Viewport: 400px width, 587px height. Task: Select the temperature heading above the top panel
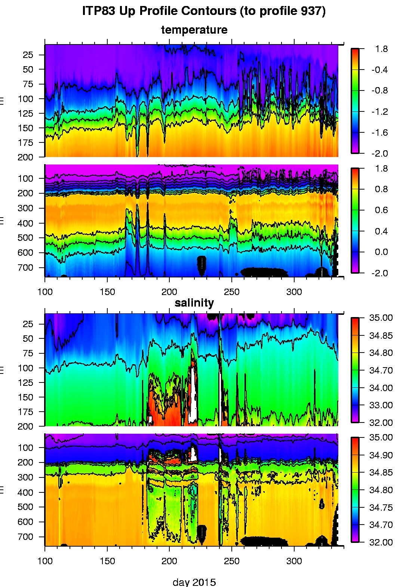(x=194, y=30)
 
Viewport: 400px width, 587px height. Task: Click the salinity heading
(x=194, y=303)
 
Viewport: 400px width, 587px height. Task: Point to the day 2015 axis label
(x=194, y=582)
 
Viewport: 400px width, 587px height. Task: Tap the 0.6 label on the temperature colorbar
(x=381, y=210)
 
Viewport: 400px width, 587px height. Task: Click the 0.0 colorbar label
(x=381, y=252)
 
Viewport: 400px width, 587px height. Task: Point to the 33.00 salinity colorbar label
(x=381, y=405)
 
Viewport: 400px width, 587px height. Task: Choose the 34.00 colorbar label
(x=381, y=388)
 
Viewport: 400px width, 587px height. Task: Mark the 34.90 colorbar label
(x=381, y=455)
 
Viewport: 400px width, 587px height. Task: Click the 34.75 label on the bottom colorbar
(x=381, y=507)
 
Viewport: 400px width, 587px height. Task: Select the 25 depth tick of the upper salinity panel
(x=28, y=324)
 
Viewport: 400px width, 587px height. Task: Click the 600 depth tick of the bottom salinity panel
(x=25, y=522)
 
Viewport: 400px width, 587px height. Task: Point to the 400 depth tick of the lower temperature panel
(x=25, y=223)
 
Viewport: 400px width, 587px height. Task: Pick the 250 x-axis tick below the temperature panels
(x=231, y=292)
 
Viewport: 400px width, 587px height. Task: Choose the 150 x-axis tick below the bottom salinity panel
(x=107, y=561)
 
